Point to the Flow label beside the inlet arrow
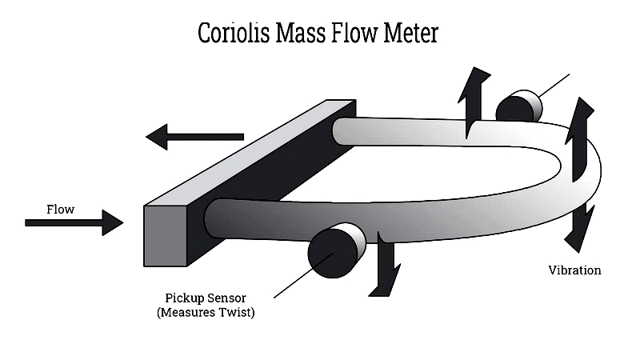(61, 210)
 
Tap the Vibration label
(574, 270)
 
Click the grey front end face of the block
(166, 235)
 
